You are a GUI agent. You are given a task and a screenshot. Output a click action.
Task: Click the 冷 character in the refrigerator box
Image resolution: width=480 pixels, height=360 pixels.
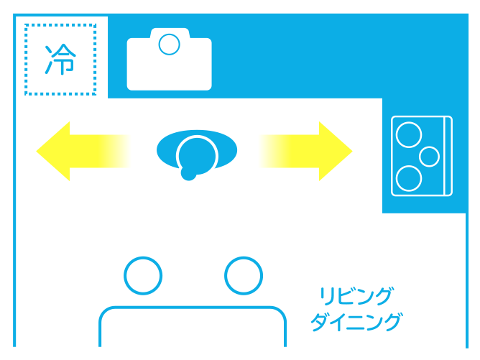pos(60,60)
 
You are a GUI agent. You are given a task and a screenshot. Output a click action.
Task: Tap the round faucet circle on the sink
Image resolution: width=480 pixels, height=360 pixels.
pos(170,45)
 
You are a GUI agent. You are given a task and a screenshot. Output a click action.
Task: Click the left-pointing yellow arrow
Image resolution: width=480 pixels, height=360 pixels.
pos(83,151)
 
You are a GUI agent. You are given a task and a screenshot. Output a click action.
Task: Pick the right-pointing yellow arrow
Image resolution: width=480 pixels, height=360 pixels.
pos(306,151)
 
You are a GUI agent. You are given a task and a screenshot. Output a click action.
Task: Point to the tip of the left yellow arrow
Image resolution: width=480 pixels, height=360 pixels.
pos(37,151)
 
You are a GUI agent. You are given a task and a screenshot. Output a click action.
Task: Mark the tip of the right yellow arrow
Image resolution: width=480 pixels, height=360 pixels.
pos(352,151)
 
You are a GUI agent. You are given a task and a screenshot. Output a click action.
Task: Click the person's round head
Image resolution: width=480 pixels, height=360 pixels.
pos(197,155)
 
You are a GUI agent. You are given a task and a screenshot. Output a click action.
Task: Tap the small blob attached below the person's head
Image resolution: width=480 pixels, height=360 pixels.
pos(188,174)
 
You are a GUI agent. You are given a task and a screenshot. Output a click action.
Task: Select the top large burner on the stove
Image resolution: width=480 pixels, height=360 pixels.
pos(409,134)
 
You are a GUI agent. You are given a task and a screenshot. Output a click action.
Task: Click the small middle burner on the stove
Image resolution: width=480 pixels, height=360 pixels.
pos(429,157)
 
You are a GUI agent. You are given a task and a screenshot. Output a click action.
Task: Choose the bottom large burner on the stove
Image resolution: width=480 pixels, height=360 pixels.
pos(409,178)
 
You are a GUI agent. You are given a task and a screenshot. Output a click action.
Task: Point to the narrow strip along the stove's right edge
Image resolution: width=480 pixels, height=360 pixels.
pos(448,156)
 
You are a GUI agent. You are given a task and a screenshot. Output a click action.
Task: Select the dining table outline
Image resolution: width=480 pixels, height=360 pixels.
pos(193,307)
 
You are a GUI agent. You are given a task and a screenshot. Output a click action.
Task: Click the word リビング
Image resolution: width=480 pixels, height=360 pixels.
pos(356,296)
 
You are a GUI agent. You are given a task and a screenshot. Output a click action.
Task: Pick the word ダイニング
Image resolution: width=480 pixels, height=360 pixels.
pos(356,322)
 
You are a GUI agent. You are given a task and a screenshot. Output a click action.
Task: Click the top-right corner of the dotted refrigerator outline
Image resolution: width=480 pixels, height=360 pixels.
pos(95,25)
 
